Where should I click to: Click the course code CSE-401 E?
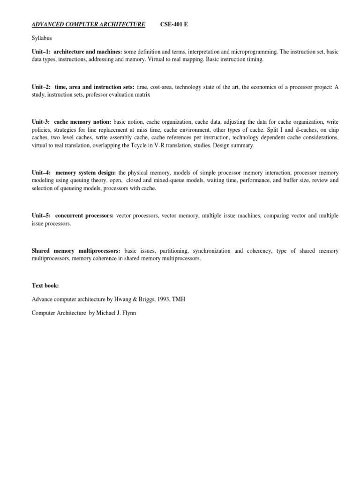click(174, 24)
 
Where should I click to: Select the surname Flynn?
click(142, 313)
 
